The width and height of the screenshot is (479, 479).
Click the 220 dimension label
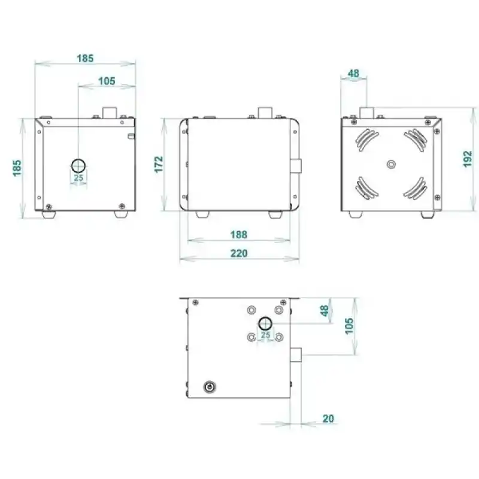[x=239, y=253]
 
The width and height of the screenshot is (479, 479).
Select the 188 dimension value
[x=239, y=235]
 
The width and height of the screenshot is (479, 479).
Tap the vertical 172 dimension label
[x=159, y=164]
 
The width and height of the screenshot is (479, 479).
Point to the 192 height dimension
[x=468, y=159]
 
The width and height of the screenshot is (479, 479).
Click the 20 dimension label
[x=328, y=418]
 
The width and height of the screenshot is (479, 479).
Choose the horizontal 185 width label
[x=86, y=58]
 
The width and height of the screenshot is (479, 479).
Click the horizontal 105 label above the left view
[x=107, y=81]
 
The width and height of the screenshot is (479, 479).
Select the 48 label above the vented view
[x=353, y=74]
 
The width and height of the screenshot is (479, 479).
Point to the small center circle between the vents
[x=392, y=163]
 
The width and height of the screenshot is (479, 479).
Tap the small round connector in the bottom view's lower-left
[x=210, y=386]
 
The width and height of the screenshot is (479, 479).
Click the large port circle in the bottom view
[x=265, y=324]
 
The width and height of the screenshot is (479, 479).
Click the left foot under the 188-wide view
[x=202, y=214]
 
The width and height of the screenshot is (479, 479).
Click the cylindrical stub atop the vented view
[x=366, y=112]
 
